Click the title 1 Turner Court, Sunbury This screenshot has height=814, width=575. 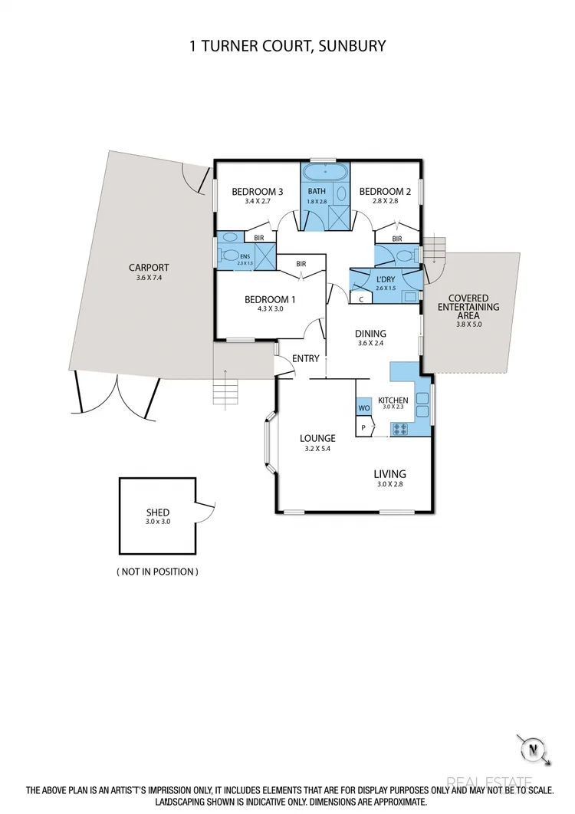coord(287,46)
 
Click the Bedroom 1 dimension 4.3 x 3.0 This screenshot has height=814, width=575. coord(269,311)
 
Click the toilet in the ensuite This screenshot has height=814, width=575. coord(228,255)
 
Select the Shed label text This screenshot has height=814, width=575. coord(158,512)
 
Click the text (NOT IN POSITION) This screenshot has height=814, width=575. coord(157,572)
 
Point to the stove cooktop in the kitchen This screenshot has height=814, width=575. coord(400,429)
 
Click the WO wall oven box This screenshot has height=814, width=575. coord(363,409)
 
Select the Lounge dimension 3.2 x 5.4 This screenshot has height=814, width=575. coord(317,450)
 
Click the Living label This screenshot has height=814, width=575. coord(389,473)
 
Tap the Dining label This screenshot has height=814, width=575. coord(370,334)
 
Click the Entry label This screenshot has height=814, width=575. coord(305,358)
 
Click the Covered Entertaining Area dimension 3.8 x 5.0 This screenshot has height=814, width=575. coord(468,325)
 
